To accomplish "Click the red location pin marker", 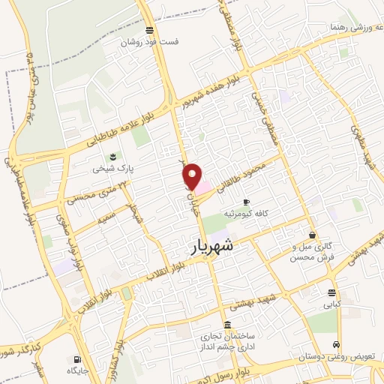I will pos(193,176).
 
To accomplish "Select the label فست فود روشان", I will pos(151,43).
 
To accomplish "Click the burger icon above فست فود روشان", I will pos(151,31).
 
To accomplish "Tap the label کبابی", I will pos(331,305).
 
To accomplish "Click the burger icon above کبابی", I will pos(331,293).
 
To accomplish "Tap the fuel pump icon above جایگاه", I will pos(77,358).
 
